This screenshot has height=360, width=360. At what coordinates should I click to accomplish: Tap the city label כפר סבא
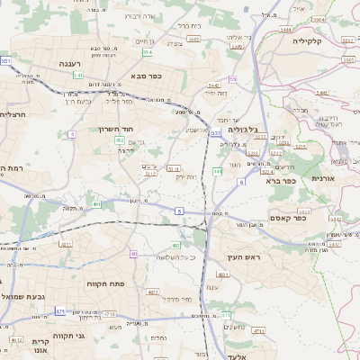[146, 76]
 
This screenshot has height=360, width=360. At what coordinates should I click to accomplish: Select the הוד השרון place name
[113, 129]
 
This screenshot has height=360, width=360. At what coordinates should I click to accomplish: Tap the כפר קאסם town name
[289, 217]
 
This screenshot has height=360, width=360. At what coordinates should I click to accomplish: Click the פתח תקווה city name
[103, 283]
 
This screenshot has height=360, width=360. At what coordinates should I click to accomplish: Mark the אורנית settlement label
[323, 178]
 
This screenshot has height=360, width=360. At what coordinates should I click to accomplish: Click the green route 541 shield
[78, 76]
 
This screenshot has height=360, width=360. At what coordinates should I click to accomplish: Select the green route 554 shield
[146, 52]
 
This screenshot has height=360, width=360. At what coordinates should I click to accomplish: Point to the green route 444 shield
[218, 170]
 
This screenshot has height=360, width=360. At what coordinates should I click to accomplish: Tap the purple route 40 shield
[134, 254]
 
